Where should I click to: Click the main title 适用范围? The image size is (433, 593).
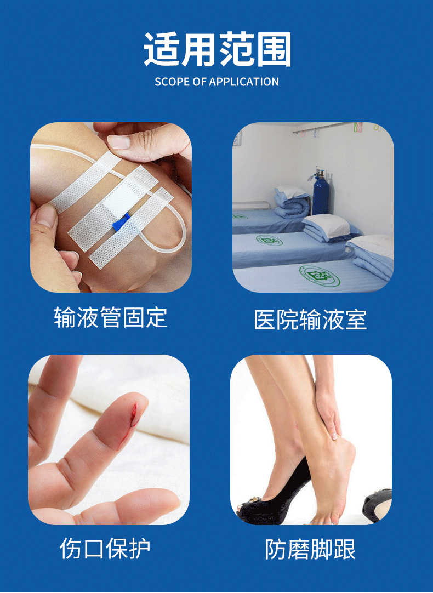(217, 50)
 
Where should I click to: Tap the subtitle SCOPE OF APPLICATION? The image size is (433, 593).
(216, 82)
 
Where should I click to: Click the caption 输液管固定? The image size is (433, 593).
(110, 318)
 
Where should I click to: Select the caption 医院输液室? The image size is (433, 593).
(310, 320)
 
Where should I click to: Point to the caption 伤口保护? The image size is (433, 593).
(105, 549)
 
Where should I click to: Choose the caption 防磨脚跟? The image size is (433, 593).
(310, 549)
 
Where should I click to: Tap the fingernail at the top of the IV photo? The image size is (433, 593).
(118, 142)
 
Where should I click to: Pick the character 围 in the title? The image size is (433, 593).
(272, 50)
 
